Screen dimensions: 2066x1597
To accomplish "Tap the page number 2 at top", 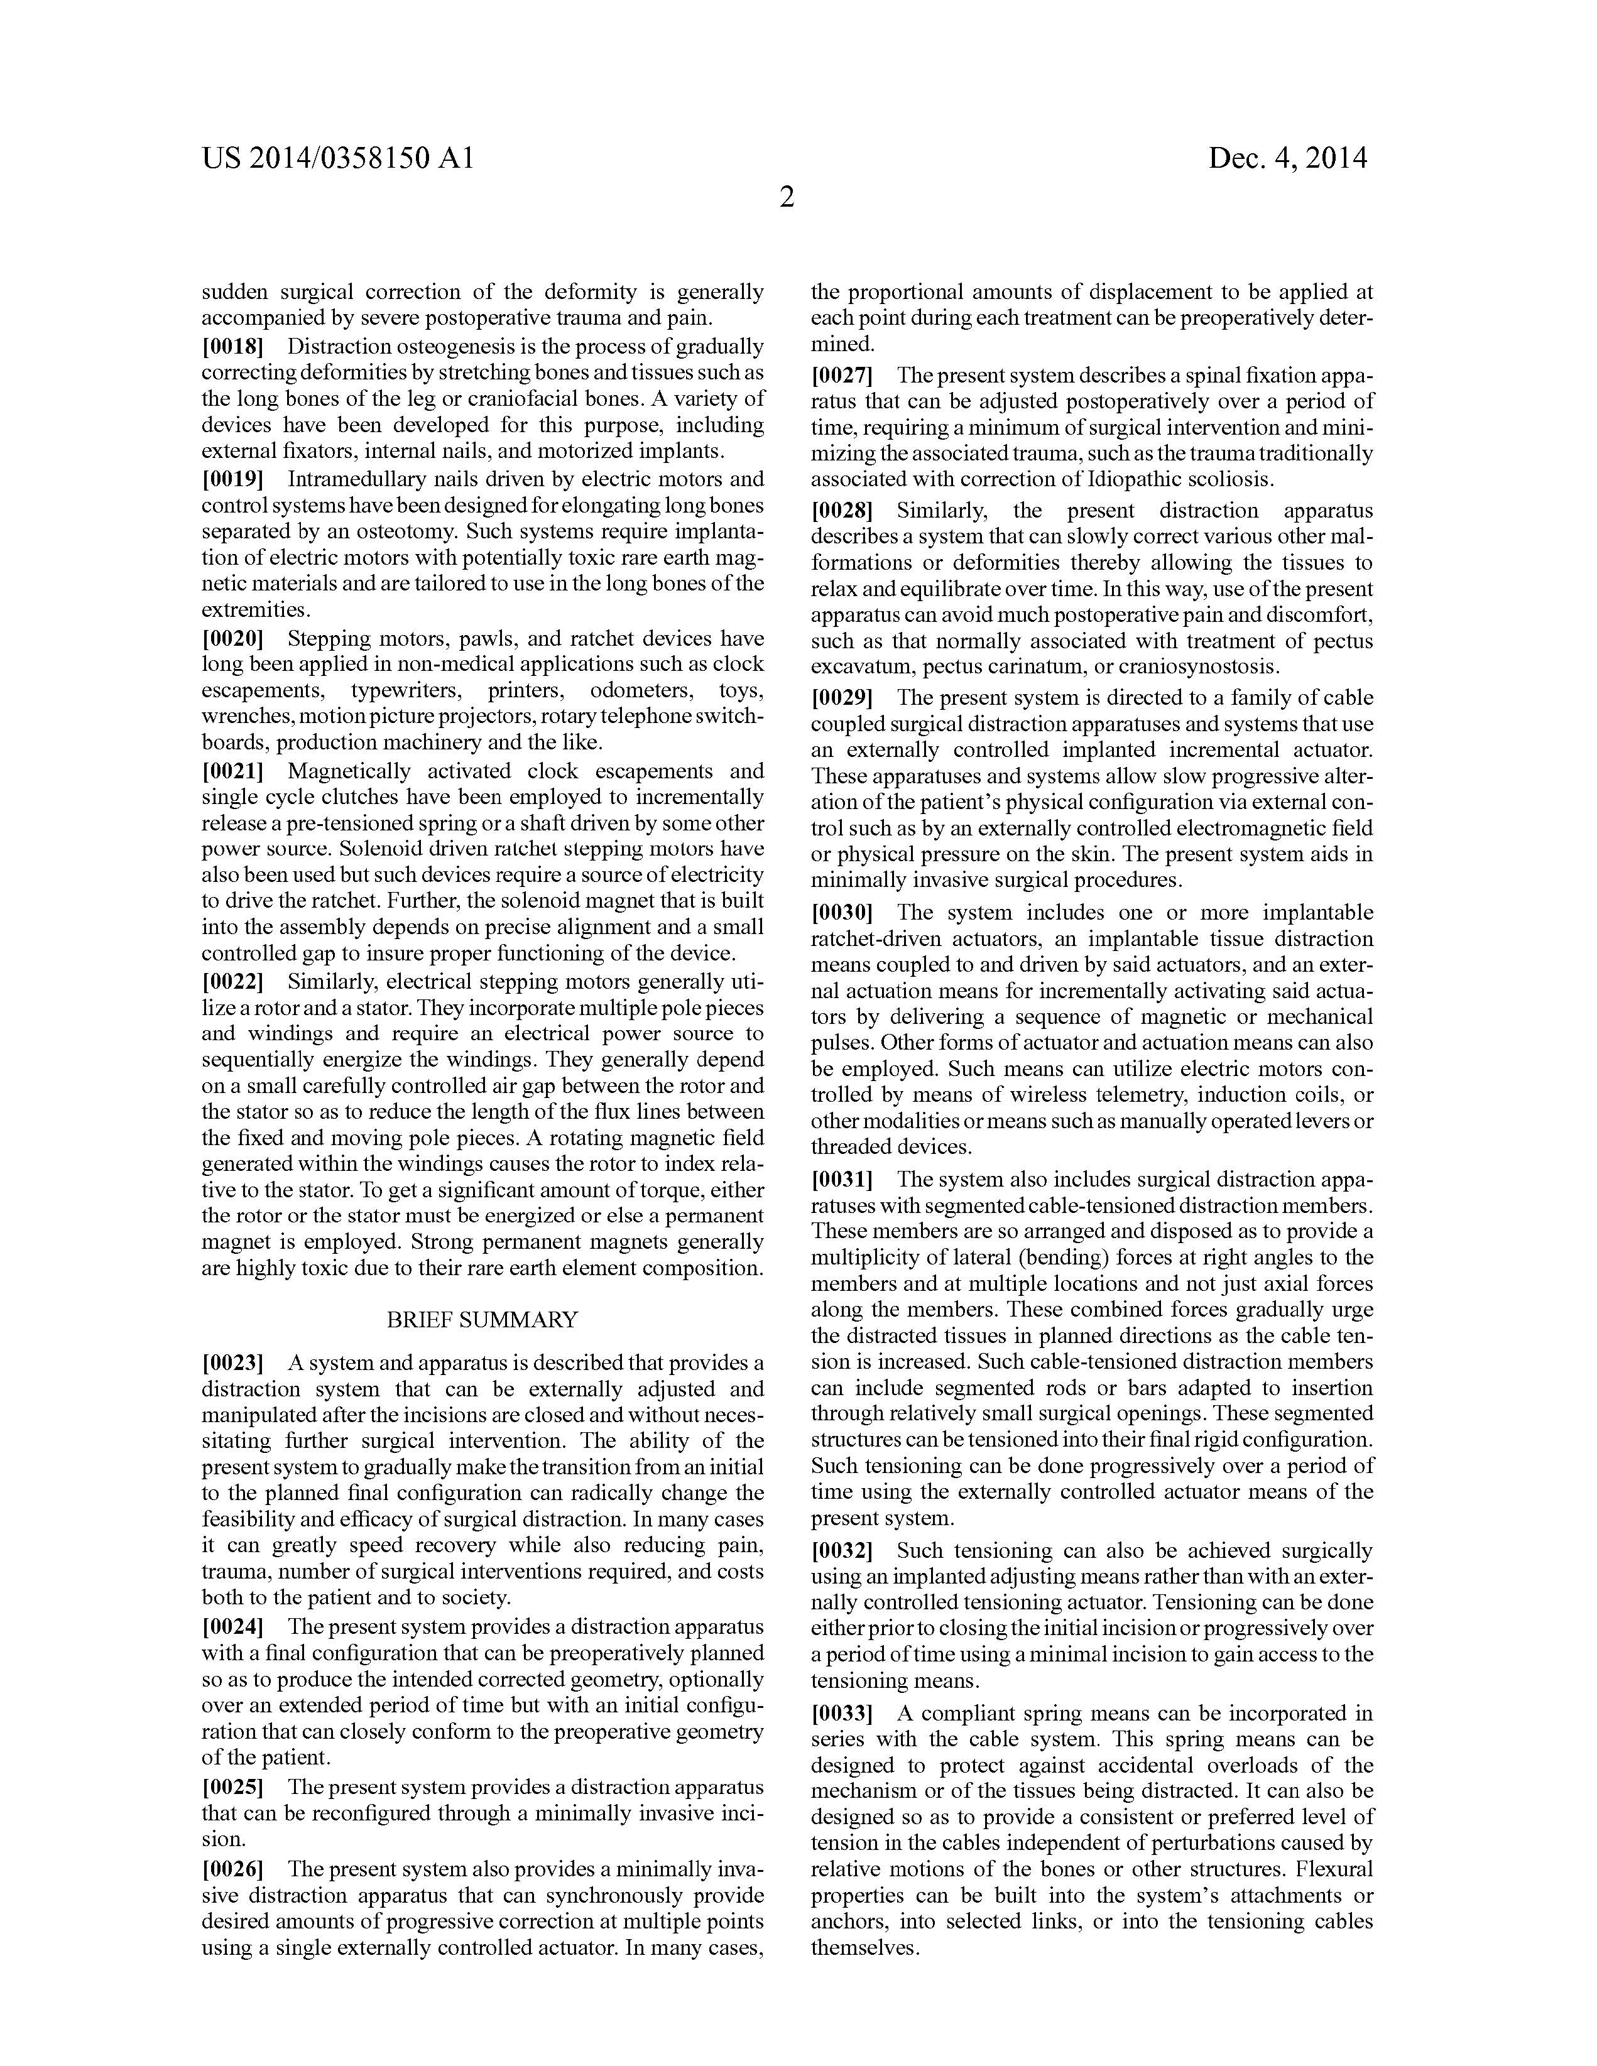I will pyautogui.click(x=786, y=198).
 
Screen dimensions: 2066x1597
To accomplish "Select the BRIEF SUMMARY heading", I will pyautogui.click(x=482, y=1318).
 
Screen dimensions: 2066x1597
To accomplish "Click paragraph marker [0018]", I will pyautogui.click(x=232, y=346).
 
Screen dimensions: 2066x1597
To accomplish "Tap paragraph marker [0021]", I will pyautogui.click(x=232, y=771).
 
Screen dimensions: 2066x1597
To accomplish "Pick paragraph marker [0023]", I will pyautogui.click(x=232, y=1363).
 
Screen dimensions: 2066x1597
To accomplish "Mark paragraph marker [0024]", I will pyautogui.click(x=232, y=1627).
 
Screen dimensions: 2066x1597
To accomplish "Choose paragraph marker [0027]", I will pyautogui.click(x=842, y=374).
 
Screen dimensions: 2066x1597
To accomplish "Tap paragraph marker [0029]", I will pyautogui.click(x=842, y=698).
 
